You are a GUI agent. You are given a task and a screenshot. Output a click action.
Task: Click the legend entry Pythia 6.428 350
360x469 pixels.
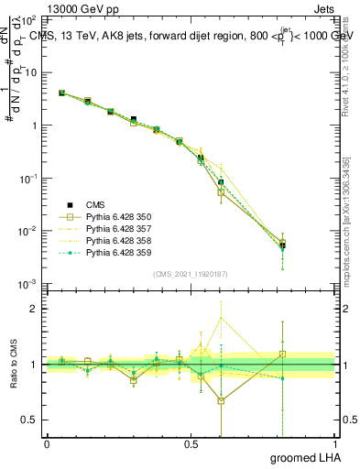(x=115, y=216)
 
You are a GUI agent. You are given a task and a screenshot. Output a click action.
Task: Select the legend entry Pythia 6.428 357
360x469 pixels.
(x=115, y=228)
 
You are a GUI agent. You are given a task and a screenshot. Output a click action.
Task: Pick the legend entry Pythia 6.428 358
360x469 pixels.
(x=115, y=240)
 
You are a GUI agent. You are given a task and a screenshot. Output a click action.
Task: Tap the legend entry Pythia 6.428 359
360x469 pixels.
(x=115, y=252)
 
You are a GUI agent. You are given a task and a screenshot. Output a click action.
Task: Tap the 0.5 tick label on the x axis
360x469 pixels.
(x=191, y=443)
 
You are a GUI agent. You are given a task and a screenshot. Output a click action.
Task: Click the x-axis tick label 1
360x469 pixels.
(x=335, y=443)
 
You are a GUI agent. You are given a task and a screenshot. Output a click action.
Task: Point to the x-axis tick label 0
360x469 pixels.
(x=47, y=443)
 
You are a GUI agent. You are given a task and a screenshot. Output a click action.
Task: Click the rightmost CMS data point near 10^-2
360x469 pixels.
(x=283, y=245)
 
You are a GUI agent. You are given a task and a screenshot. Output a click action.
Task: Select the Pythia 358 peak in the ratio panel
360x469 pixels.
(x=221, y=318)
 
